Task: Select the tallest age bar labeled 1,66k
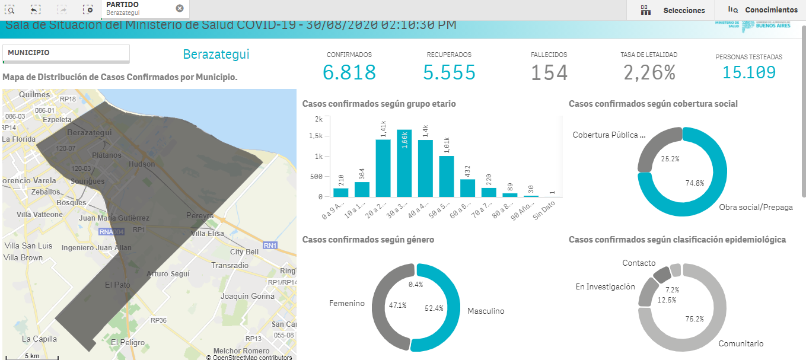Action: point(404,163)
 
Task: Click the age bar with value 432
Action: point(468,187)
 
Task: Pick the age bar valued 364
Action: point(362,189)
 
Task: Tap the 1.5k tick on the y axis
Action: point(317,136)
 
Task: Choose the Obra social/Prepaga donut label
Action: point(755,207)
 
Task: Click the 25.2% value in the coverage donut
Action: point(669,159)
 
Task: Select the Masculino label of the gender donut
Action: point(485,311)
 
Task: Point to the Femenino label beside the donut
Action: point(347,303)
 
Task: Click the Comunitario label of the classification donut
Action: point(741,343)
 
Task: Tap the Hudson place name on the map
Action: point(141,164)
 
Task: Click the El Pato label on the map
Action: point(117,285)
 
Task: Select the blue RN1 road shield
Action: point(270,246)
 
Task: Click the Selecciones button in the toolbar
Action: point(683,10)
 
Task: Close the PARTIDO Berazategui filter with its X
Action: point(180,8)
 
